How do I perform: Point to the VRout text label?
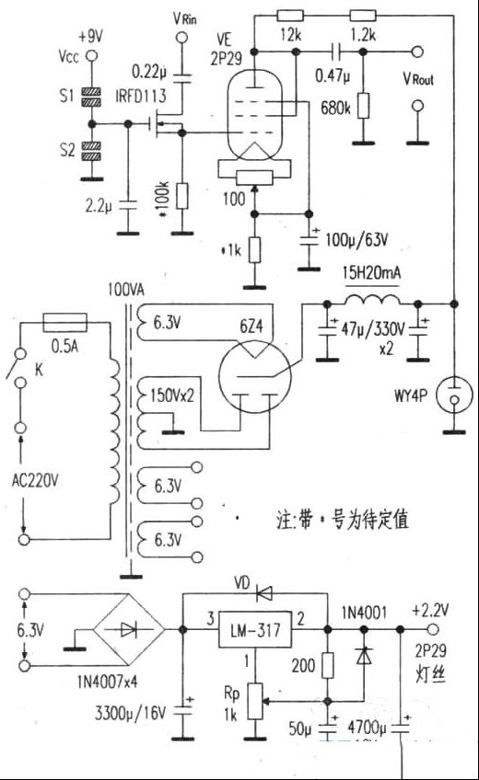click(x=418, y=78)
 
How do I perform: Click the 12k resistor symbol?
click(x=291, y=16)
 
